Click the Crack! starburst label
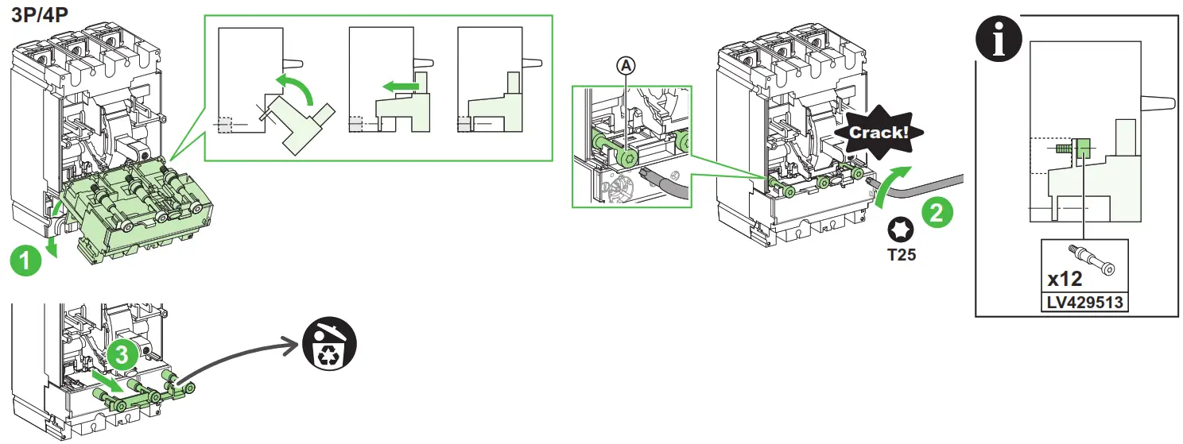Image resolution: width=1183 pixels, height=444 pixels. coord(878,132)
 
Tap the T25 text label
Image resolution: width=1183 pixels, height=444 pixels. coord(902,256)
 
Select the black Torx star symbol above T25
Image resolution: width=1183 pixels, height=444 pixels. coord(902,231)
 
